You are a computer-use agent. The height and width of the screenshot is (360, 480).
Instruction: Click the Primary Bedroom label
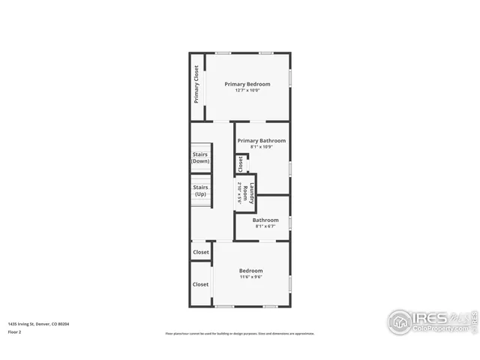pyautogui.click(x=247, y=84)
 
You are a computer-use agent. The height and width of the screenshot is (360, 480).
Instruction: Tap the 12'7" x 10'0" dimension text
pyautogui.click(x=247, y=91)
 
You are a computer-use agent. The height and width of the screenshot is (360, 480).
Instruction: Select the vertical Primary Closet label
pyautogui.click(x=196, y=84)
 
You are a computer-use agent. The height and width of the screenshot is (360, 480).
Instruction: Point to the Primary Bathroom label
pyautogui.click(x=262, y=140)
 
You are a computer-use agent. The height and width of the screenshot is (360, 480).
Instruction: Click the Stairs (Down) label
pyautogui.click(x=200, y=157)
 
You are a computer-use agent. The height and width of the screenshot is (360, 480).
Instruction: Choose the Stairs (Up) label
pyautogui.click(x=200, y=190)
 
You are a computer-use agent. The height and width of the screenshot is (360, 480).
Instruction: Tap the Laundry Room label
pyautogui.click(x=253, y=193)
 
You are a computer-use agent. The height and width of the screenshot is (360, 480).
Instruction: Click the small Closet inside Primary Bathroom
pyautogui.click(x=240, y=163)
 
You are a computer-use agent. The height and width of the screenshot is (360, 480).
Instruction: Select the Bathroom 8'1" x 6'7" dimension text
pyautogui.click(x=265, y=226)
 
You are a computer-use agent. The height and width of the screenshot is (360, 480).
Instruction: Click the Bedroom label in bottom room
pyautogui.click(x=250, y=270)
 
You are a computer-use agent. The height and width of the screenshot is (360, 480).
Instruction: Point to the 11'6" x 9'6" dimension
pyautogui.click(x=250, y=277)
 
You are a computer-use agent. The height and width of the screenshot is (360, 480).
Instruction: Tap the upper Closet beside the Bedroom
pyautogui.click(x=201, y=252)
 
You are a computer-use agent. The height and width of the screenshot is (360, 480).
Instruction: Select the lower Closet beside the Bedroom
pyautogui.click(x=201, y=284)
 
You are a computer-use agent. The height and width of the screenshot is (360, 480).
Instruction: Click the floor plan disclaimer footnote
pyautogui.click(x=240, y=334)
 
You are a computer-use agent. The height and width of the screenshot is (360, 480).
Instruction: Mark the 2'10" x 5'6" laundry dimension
pyautogui.click(x=239, y=193)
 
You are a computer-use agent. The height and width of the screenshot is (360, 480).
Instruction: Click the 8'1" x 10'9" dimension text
pyautogui.click(x=262, y=147)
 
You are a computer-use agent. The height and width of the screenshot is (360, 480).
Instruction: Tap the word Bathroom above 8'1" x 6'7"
pyautogui.click(x=265, y=220)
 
